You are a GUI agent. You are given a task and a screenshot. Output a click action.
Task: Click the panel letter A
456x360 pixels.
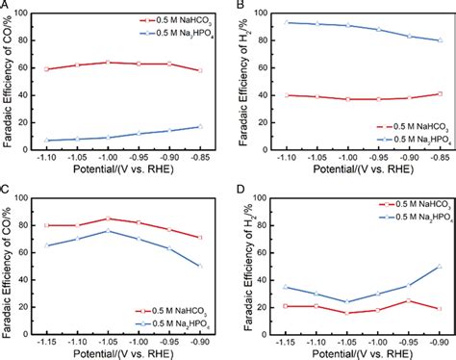click(x=5, y=6)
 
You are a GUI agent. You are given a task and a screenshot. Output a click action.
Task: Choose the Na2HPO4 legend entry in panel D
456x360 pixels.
click(x=404, y=213)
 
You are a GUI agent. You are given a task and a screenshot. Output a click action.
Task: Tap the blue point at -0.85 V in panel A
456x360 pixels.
click(x=198, y=126)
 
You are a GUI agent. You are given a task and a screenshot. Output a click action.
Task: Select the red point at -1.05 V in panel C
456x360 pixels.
click(x=109, y=219)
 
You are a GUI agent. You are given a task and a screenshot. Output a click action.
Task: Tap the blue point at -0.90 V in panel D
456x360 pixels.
click(x=440, y=266)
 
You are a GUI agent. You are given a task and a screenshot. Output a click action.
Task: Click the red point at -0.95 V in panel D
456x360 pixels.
click(x=409, y=301)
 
